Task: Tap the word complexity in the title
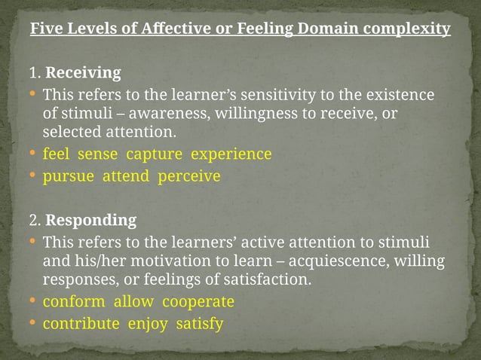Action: coord(406,29)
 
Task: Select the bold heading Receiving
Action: coord(83,73)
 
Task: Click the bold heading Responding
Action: coord(90,221)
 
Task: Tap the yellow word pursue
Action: coord(65,177)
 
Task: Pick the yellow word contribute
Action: coord(81,325)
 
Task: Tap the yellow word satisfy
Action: coord(199,325)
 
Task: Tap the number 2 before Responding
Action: coord(33,221)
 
